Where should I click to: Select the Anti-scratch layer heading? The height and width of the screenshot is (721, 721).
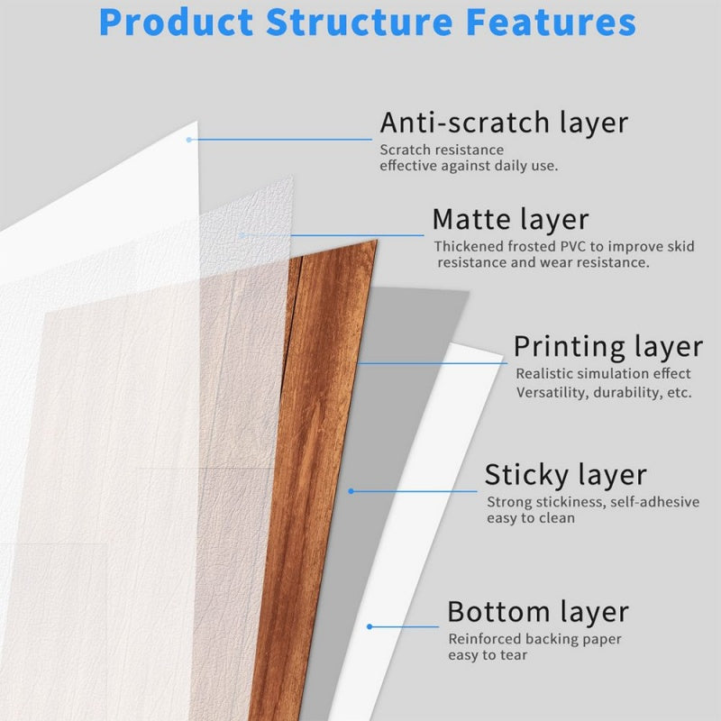point(503,123)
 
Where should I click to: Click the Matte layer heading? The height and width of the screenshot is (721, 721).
point(510,219)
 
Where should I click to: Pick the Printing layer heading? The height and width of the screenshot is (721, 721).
point(607,346)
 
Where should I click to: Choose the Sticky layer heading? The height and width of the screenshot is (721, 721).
point(565,475)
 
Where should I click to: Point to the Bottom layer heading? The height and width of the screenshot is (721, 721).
point(538,612)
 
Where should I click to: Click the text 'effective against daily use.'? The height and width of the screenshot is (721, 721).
point(469,166)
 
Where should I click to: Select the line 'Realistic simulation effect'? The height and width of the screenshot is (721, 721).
point(603,373)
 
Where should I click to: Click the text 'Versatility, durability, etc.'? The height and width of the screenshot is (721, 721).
point(604,392)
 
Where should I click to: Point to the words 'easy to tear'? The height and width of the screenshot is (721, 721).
point(488,655)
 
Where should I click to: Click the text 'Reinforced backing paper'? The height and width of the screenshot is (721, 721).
point(535,639)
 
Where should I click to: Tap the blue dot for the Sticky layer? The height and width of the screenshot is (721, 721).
point(351,491)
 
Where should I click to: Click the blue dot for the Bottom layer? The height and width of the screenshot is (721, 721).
point(370,626)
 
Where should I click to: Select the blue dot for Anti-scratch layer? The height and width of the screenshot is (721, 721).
point(189,140)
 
